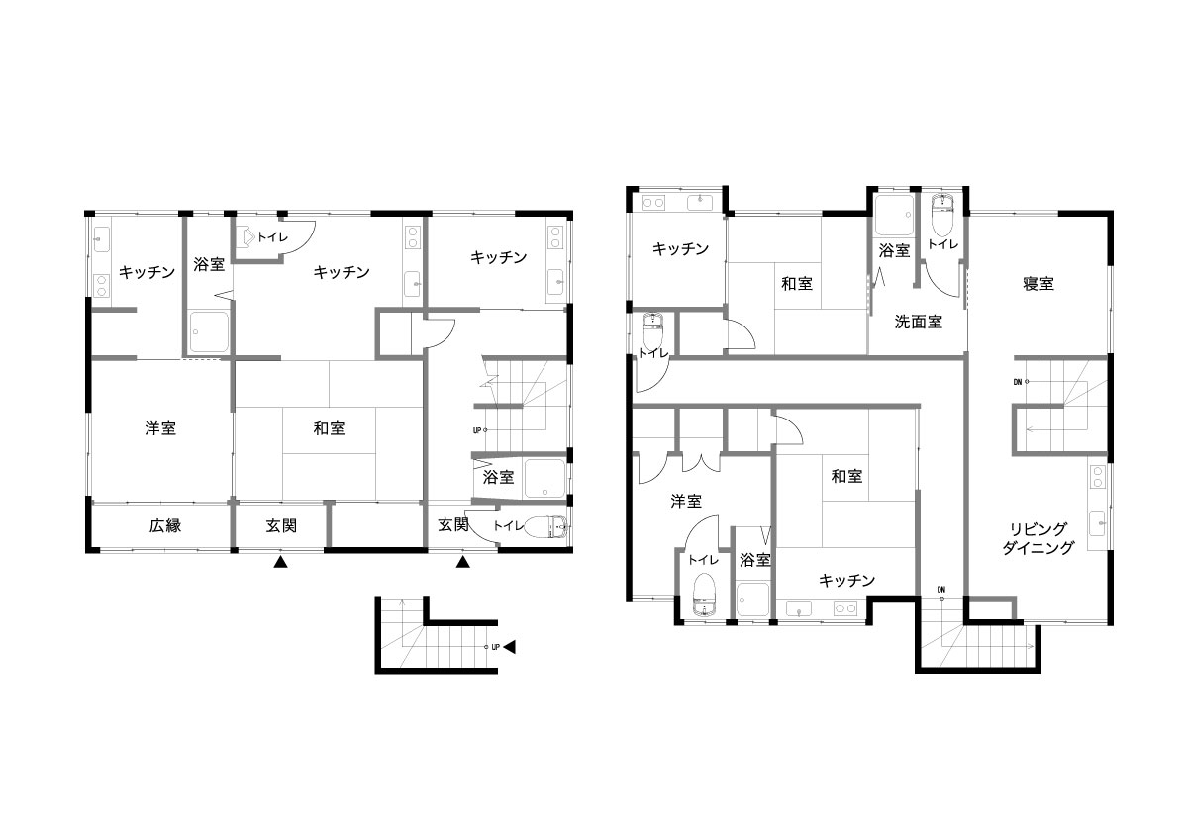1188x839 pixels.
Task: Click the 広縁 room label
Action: click(165, 525)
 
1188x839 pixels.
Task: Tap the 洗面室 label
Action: click(918, 322)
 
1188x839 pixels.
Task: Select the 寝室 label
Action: click(1038, 284)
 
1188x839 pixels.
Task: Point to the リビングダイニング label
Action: click(1038, 538)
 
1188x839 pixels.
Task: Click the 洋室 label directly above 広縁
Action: click(160, 428)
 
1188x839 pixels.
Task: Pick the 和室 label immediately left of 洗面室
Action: click(797, 284)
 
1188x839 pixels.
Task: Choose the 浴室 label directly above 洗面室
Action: click(894, 250)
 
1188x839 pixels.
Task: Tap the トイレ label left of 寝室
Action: click(942, 244)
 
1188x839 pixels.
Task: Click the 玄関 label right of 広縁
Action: click(281, 525)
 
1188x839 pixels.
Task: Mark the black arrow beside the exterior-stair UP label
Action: click(510, 647)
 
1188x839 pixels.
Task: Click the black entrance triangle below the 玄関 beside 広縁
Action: click(280, 562)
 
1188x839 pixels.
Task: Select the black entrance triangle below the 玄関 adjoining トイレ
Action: click(463, 562)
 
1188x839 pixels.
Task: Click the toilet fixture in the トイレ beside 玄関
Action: click(549, 526)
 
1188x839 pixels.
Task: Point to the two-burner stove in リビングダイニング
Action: click(1097, 477)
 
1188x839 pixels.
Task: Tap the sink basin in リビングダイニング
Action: click(1097, 523)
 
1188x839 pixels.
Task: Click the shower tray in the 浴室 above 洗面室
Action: click(894, 215)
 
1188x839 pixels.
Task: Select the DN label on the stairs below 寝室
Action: click(1017, 382)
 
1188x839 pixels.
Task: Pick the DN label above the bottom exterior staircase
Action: click(940, 590)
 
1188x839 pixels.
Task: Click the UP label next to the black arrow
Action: click(495, 647)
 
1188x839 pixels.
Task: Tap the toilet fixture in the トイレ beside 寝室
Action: click(941, 215)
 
